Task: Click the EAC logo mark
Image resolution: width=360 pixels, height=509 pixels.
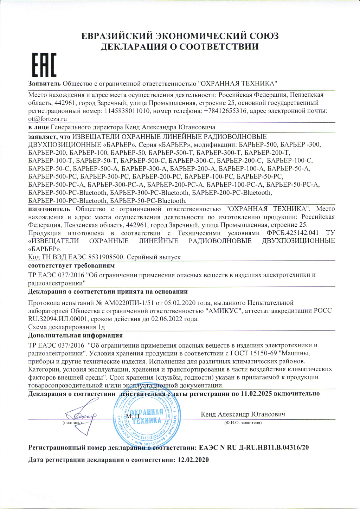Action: pyautogui.click(x=44, y=65)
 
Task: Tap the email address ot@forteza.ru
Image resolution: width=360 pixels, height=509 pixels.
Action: pyautogui.click(x=47, y=119)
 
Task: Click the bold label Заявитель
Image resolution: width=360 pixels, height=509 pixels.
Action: pyautogui.click(x=45, y=84)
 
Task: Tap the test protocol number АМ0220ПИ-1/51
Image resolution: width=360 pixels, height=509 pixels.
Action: pyautogui.click(x=129, y=303)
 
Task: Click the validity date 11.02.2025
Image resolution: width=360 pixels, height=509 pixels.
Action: pyautogui.click(x=256, y=394)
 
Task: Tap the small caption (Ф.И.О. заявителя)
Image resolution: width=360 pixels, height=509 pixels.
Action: pyautogui.click(x=243, y=423)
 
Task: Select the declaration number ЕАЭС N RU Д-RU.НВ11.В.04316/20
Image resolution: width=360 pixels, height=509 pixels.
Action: pyautogui.click(x=254, y=448)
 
